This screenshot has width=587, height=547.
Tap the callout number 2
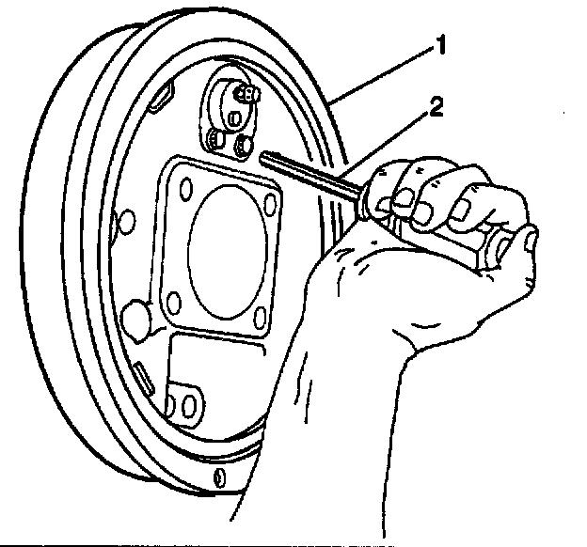[x=432, y=107]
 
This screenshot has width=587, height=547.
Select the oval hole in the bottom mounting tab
[x=187, y=405]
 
